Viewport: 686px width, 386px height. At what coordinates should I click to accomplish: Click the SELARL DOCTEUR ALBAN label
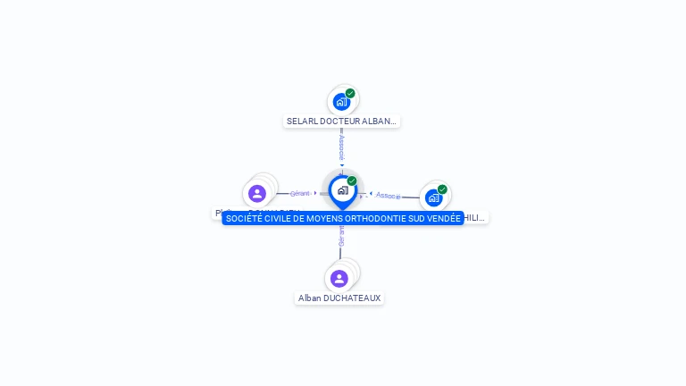coord(341,121)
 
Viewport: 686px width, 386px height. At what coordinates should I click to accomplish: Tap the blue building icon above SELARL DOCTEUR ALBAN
coord(340,102)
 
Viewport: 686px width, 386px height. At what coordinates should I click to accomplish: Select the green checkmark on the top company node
coord(350,93)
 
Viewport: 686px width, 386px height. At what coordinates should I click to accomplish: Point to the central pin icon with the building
coord(342,190)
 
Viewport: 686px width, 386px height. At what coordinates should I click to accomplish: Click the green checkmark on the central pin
coord(352,181)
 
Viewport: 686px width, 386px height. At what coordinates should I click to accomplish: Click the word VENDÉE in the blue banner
coord(444,218)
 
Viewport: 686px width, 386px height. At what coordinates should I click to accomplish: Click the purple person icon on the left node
coord(257,193)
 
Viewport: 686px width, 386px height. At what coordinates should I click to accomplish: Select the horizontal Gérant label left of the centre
coord(300,193)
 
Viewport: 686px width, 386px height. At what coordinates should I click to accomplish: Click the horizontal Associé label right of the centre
coord(388,195)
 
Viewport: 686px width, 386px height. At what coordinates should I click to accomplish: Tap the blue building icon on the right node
coord(433,198)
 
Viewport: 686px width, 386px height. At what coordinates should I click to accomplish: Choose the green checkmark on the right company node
coord(442,189)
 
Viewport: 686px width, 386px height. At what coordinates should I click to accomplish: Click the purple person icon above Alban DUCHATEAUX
coord(339,278)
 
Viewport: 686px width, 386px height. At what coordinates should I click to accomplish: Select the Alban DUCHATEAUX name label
coord(339,298)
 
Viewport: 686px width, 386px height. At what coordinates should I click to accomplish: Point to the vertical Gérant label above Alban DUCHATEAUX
coord(340,236)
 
